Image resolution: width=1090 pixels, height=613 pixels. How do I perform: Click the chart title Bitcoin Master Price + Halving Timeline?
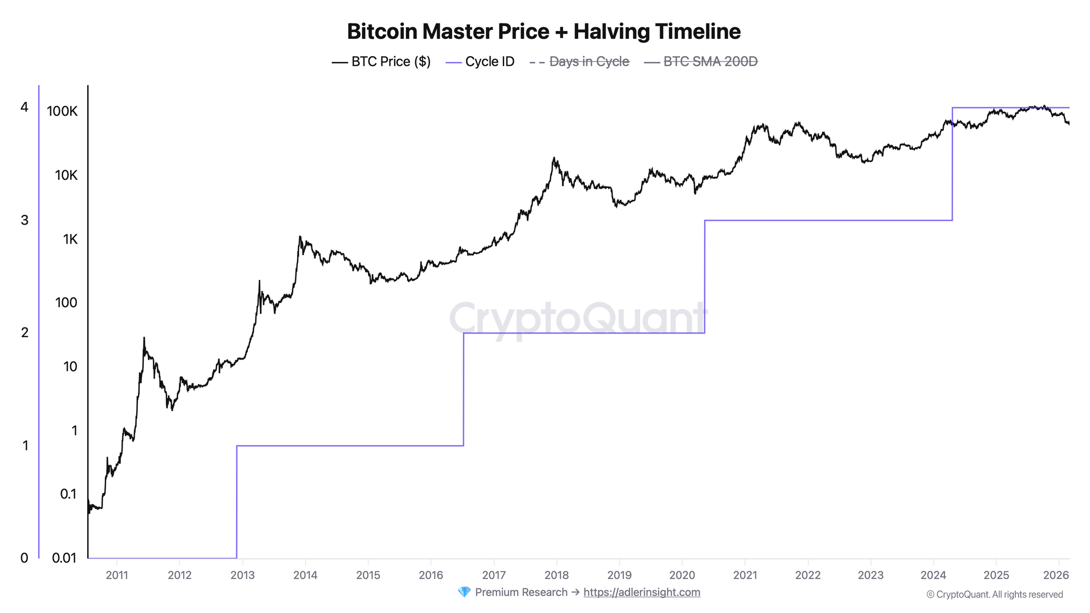pyautogui.click(x=543, y=32)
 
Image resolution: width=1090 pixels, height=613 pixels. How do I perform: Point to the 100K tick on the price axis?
pyautogui.click(x=62, y=112)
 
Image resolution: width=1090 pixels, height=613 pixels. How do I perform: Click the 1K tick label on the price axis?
pyautogui.click(x=70, y=239)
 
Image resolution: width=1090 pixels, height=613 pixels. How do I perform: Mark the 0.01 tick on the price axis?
pyautogui.click(x=64, y=558)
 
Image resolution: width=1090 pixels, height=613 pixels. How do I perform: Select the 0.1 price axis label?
pyautogui.click(x=68, y=494)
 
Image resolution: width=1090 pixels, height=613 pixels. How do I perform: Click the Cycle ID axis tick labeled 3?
pyautogui.click(x=25, y=220)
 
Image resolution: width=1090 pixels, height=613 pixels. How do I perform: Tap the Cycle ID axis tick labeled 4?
pyautogui.click(x=25, y=107)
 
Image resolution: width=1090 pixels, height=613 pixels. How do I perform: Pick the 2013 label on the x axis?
pyautogui.click(x=243, y=575)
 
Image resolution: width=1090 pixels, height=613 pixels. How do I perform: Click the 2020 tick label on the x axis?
pyautogui.click(x=682, y=575)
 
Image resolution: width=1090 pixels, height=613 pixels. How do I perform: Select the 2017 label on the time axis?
pyautogui.click(x=494, y=575)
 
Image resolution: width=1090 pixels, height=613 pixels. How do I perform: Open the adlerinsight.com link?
pyautogui.click(x=641, y=592)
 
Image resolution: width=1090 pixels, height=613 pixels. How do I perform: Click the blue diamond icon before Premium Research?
pyautogui.click(x=464, y=592)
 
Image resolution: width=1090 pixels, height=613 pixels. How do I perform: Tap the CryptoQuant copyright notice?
pyautogui.click(x=995, y=594)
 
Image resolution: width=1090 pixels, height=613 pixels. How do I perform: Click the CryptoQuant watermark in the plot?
pyautogui.click(x=578, y=319)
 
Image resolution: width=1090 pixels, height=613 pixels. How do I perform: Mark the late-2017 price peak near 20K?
pyautogui.click(x=554, y=159)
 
